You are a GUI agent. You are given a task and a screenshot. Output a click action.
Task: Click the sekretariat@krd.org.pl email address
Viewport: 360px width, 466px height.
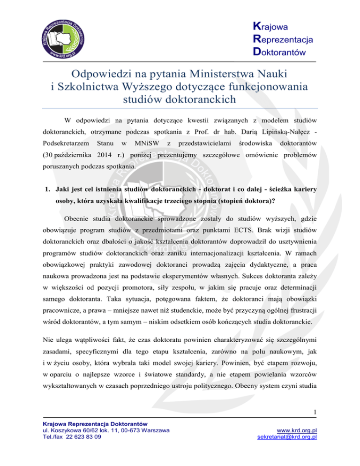(x=286, y=460)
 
